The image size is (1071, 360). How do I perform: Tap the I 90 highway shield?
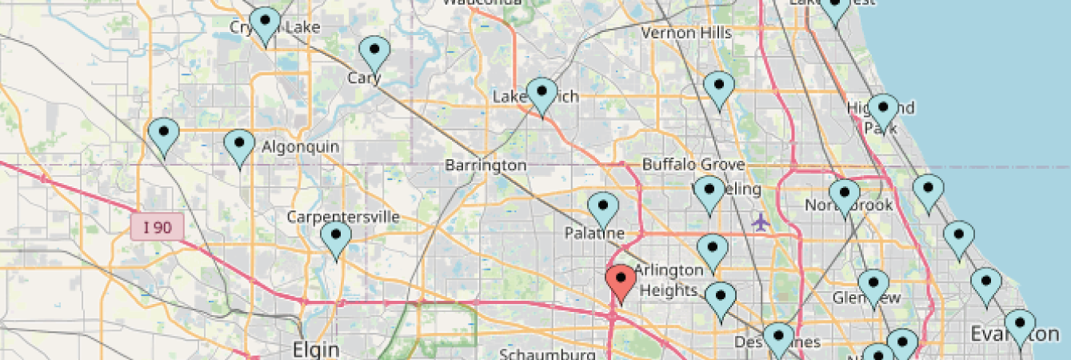pyautogui.click(x=158, y=228)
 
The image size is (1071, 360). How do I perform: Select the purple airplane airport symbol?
pyautogui.click(x=761, y=221)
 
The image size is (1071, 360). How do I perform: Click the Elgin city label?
pyautogui.click(x=316, y=350)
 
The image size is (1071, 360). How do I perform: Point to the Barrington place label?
pyautogui.click(x=486, y=166)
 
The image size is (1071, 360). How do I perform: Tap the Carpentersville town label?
pyautogui.click(x=343, y=217)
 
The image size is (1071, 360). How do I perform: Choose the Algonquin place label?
pyautogui.click(x=301, y=147)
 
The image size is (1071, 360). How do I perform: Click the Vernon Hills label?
pyautogui.click(x=686, y=33)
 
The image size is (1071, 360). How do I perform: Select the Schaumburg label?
pyautogui.click(x=547, y=354)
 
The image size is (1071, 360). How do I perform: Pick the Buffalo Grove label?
pyautogui.click(x=693, y=165)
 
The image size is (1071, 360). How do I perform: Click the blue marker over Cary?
pyautogui.click(x=374, y=53)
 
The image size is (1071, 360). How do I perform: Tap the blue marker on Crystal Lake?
pyautogui.click(x=265, y=24)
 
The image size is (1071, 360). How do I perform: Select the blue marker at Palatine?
pyautogui.click(x=603, y=210)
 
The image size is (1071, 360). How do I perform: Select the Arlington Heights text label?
pyautogui.click(x=668, y=280)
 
